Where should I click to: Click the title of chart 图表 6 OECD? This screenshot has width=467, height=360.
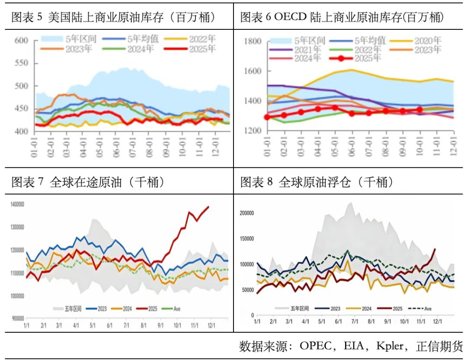coord(342,17)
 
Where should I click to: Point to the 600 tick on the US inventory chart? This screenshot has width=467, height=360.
coord(21,41)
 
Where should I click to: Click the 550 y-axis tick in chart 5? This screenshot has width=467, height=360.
coord(21,63)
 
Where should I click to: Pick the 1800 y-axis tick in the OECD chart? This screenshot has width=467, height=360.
coord(252,42)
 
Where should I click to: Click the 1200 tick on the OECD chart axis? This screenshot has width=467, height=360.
coord(252,131)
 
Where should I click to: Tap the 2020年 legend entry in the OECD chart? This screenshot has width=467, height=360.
coord(415,41)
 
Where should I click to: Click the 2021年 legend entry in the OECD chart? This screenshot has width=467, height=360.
coord(294,50)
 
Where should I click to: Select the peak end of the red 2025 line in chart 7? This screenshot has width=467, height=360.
coord(208,206)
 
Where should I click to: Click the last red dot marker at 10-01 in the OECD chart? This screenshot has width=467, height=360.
coord(419,110)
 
